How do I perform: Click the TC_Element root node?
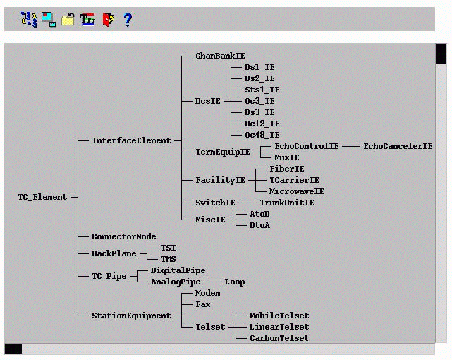click(42, 197)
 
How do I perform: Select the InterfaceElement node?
click(131, 140)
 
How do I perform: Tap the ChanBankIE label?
click(221, 56)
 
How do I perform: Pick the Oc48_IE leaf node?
click(262, 135)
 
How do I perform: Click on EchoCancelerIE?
click(398, 146)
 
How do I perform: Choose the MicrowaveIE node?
click(297, 191)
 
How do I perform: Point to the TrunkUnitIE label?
click(286, 203)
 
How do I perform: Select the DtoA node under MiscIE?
click(259, 225)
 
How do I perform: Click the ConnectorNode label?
click(123, 236)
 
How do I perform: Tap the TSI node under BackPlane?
click(169, 248)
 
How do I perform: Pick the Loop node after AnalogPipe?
click(235, 282)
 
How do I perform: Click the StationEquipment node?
click(131, 316)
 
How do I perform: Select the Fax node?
click(202, 304)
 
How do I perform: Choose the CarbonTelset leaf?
click(279, 338)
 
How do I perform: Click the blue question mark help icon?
click(128, 20)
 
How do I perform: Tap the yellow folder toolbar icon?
click(68, 20)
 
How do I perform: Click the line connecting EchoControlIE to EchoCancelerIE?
click(351, 146)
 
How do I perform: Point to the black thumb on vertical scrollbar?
click(441, 54)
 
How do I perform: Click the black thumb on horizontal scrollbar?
click(13, 349)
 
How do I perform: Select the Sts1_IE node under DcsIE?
click(262, 90)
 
